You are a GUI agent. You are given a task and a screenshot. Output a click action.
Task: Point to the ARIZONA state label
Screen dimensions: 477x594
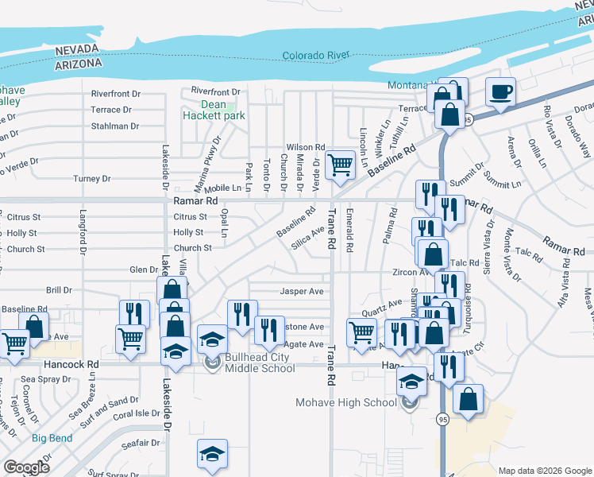79,63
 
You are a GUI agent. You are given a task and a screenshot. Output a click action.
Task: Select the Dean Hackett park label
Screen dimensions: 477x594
213,110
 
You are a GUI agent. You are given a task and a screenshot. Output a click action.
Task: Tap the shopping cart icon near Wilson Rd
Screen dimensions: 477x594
340,165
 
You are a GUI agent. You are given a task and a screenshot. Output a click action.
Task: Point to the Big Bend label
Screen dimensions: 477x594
52,438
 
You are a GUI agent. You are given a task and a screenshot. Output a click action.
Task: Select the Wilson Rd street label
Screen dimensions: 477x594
306,147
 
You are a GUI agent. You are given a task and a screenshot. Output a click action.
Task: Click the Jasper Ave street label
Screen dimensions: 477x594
301,292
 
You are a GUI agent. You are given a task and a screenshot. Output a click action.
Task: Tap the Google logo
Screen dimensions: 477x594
26,467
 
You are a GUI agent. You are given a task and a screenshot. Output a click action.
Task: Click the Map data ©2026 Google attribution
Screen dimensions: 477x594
544,471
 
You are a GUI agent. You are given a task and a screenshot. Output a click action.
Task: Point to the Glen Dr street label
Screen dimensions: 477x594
144,270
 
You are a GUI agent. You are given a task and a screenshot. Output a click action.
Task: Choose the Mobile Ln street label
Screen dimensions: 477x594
222,188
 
